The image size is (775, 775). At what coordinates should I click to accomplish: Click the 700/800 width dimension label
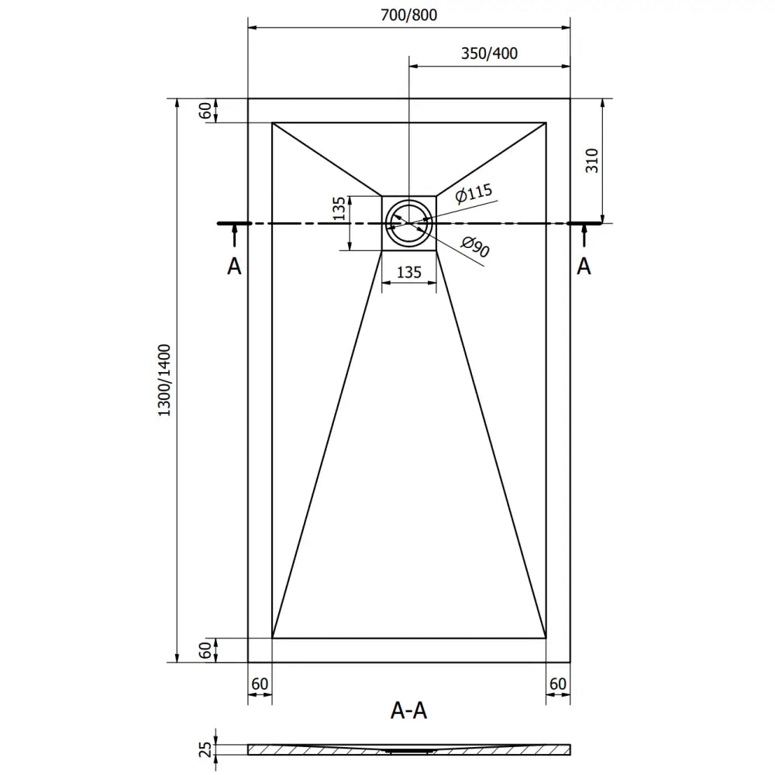coord(409,15)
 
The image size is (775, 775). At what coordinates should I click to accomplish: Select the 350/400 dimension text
coord(489,53)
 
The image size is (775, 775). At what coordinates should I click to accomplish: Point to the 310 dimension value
coord(591,160)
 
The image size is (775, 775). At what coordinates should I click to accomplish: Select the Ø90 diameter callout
coord(476,248)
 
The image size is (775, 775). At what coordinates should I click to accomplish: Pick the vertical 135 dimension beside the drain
coord(339,209)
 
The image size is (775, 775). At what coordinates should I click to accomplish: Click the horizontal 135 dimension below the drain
coord(409,272)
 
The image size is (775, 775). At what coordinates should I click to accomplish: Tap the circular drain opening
coord(409,222)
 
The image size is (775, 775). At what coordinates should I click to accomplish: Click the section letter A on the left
coord(234,267)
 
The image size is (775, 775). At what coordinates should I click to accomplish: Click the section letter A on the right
coord(584,267)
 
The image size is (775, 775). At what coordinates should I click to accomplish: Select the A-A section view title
coord(409,710)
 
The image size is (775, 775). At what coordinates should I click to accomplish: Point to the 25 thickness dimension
coord(205,749)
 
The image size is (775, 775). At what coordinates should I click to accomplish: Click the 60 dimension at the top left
coord(205,111)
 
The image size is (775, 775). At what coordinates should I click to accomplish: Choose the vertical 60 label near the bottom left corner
coord(205,650)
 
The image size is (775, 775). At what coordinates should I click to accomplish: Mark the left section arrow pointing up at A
coord(234,236)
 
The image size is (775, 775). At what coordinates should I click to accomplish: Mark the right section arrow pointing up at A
coord(584,236)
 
